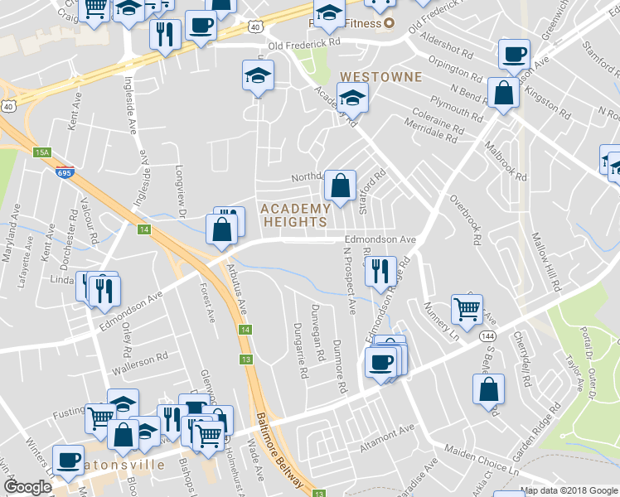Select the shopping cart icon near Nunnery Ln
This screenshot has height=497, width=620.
click(467, 310)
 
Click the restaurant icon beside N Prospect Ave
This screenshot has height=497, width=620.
click(380, 271)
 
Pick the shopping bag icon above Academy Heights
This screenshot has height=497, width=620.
click(340, 186)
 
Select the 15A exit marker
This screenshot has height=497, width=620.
click(43, 152)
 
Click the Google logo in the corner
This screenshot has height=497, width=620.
click(27, 487)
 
